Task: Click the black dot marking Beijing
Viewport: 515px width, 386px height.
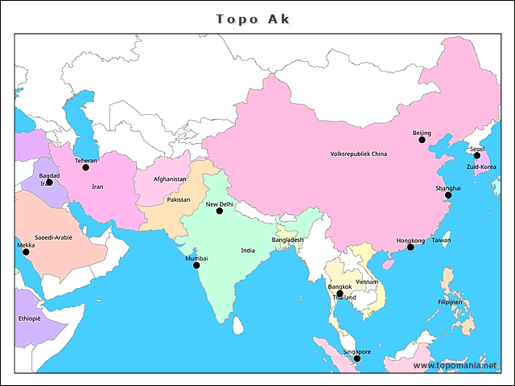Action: tap(422, 140)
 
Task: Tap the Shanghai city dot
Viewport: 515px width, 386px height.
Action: tap(448, 195)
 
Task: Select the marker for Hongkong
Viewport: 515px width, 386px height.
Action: tap(410, 247)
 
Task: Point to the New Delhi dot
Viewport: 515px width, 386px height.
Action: tap(219, 211)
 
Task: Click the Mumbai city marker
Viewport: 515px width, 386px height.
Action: tap(196, 265)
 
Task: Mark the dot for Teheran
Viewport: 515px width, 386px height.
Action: tap(86, 167)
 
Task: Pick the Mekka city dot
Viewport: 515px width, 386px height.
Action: tap(26, 252)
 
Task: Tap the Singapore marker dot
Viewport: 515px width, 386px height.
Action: tap(357, 358)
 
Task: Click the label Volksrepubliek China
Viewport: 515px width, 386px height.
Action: tap(359, 154)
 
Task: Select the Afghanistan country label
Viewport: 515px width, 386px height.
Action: tap(170, 179)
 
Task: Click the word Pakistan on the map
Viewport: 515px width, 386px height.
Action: tap(178, 199)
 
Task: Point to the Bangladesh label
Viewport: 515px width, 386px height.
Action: tap(287, 240)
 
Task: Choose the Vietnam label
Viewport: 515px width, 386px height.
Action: tap(368, 282)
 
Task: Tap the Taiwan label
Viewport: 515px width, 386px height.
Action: tap(441, 240)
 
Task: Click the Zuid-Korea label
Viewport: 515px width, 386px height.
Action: tap(481, 167)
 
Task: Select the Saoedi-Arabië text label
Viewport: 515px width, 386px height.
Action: tap(53, 238)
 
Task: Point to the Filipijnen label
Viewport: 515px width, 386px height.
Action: tap(450, 302)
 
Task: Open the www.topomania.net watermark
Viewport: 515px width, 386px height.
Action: tap(455, 366)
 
